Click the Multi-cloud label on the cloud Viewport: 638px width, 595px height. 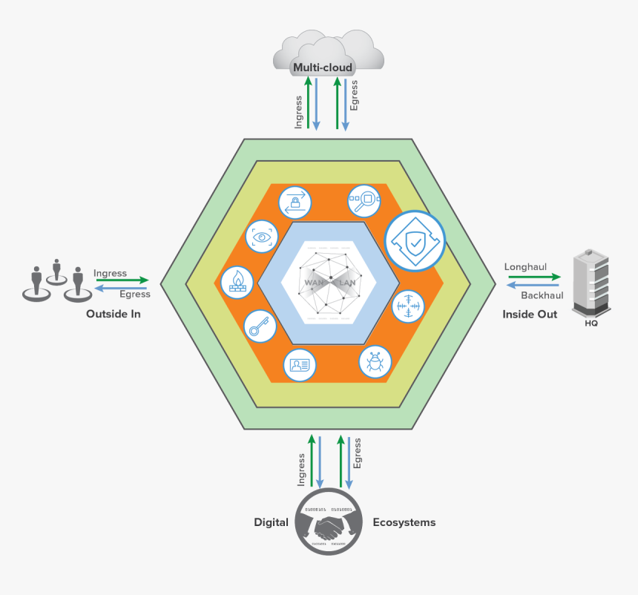click(322, 68)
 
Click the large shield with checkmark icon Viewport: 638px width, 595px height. click(415, 240)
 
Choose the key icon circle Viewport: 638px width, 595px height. click(260, 326)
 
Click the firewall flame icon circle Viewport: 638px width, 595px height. click(237, 283)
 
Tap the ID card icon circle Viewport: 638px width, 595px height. click(300, 364)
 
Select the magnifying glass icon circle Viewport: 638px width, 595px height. click(364, 200)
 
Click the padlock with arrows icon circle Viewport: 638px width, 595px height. click(295, 201)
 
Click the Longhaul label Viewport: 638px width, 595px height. click(524, 266)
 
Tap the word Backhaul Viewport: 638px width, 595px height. click(542, 295)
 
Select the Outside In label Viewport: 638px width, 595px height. click(113, 314)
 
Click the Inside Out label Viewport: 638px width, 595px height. click(530, 314)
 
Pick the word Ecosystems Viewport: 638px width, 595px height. click(404, 522)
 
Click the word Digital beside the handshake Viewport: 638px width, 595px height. click(271, 522)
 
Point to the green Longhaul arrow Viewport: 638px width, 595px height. click(534, 277)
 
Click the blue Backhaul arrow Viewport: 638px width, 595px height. click(534, 284)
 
